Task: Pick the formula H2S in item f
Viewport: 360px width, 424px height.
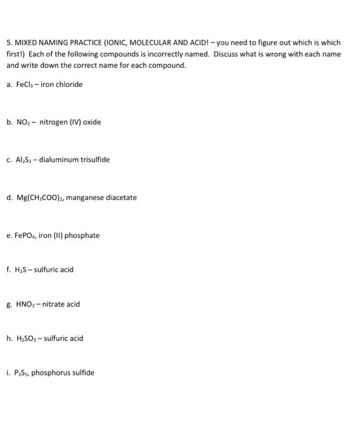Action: (21, 270)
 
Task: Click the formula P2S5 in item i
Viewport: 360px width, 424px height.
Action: (22, 373)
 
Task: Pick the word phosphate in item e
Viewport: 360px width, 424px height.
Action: (83, 236)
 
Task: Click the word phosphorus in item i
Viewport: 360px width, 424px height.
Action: (49, 373)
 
